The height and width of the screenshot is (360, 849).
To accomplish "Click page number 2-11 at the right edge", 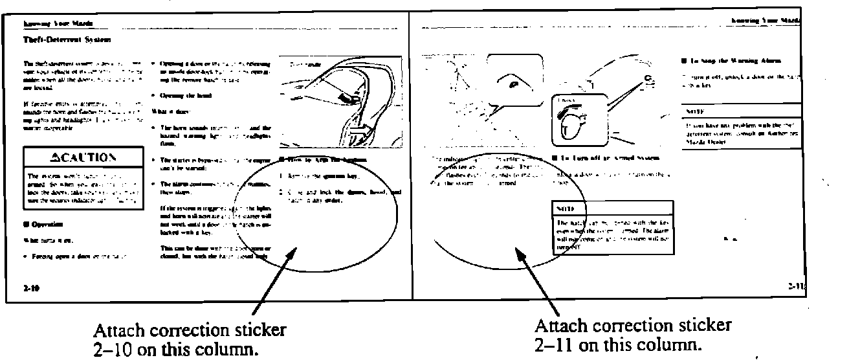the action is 795,285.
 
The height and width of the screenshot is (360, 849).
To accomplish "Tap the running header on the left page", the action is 58,23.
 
